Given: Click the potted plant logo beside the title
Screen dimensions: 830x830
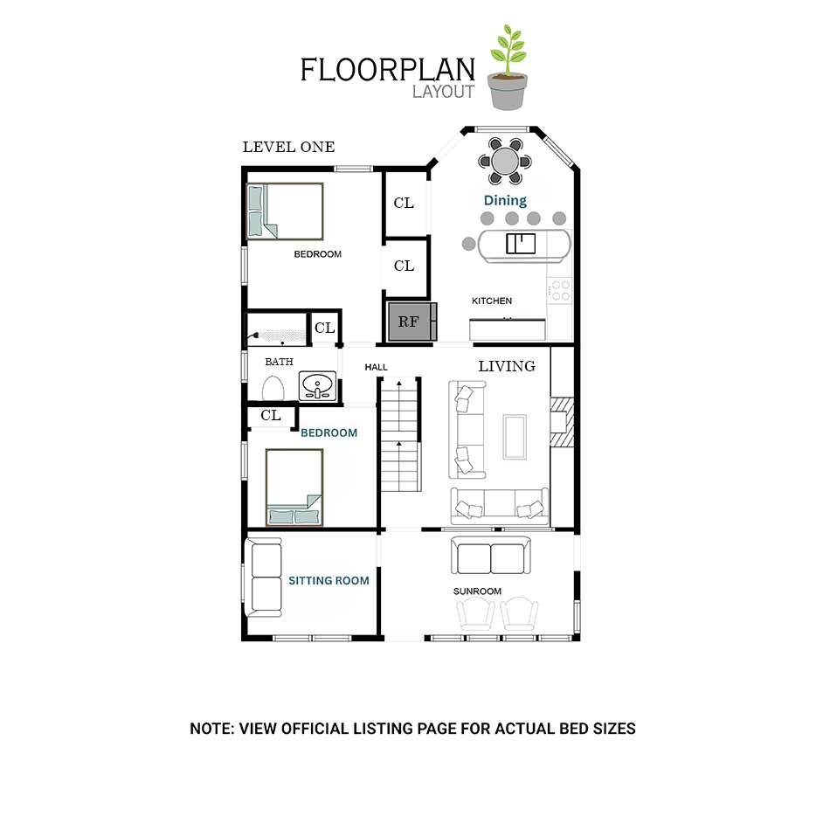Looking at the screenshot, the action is pyautogui.click(x=508, y=67).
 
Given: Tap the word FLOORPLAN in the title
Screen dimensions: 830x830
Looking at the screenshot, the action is pyautogui.click(x=387, y=70).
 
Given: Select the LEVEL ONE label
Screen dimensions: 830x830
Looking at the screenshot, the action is pyautogui.click(x=288, y=147).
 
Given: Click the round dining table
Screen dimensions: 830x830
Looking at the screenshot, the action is pyautogui.click(x=504, y=161).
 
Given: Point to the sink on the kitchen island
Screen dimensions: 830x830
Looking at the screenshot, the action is pyautogui.click(x=521, y=244).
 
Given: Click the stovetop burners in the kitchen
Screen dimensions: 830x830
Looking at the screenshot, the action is pyautogui.click(x=560, y=291).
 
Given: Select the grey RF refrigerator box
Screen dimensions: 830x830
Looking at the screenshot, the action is pyautogui.click(x=412, y=322).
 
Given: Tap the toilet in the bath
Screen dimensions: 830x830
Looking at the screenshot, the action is pyautogui.click(x=273, y=388).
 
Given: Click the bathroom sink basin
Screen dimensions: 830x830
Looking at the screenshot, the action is pyautogui.click(x=317, y=385).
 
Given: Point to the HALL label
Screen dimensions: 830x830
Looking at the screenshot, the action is pyautogui.click(x=376, y=367).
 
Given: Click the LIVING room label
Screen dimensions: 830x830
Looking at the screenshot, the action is pyautogui.click(x=507, y=366).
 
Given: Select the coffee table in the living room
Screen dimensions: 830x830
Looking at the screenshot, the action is pyautogui.click(x=515, y=437).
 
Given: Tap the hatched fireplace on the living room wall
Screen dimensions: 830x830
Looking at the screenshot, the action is pyautogui.click(x=562, y=422).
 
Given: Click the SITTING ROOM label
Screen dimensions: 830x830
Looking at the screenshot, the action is pyautogui.click(x=329, y=581).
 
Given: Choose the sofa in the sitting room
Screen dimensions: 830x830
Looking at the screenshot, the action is pyautogui.click(x=263, y=578).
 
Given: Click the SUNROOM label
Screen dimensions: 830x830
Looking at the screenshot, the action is pyautogui.click(x=477, y=591).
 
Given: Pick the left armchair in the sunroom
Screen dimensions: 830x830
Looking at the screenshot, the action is pyautogui.click(x=475, y=613).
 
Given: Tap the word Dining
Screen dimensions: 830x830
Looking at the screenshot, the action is pyautogui.click(x=505, y=201).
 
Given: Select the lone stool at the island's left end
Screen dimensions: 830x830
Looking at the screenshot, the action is pyautogui.click(x=468, y=244).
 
